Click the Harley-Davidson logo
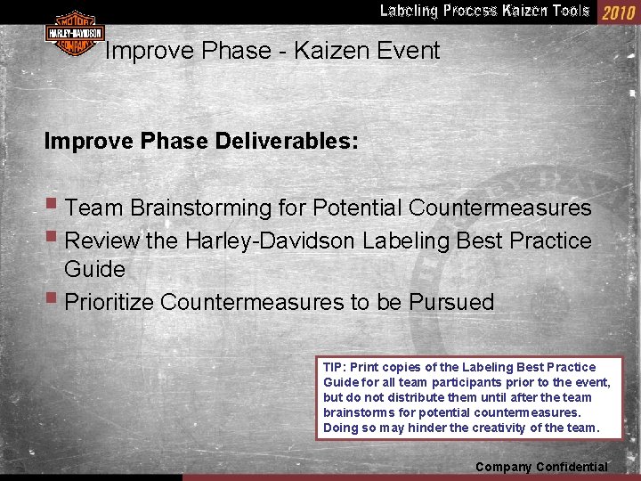75,34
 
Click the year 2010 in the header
619,12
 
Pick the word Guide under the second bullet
94,269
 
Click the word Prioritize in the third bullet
111,303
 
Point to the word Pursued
451,303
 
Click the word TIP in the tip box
333,367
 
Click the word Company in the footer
502,467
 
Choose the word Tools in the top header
571,11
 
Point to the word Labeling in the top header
409,11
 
